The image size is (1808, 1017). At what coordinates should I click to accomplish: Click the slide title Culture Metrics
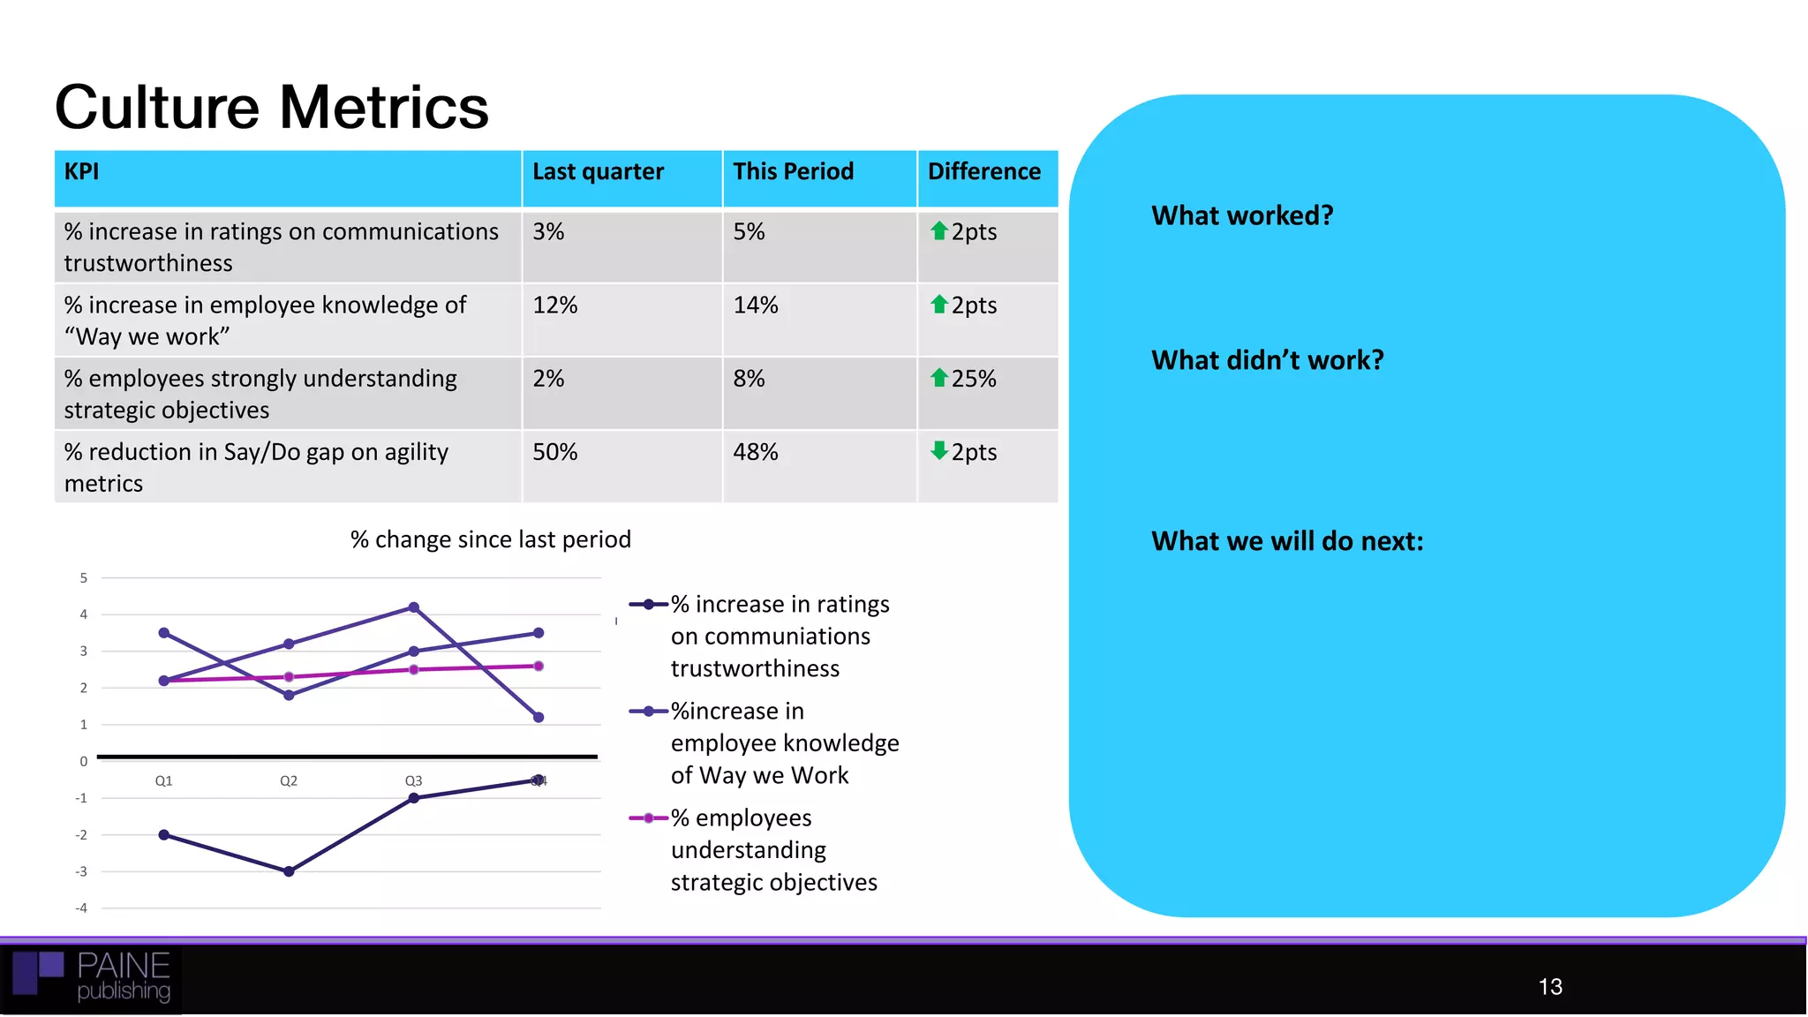[271, 108]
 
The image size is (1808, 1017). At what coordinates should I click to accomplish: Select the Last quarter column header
[598, 171]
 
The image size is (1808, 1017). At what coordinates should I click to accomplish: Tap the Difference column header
[983, 171]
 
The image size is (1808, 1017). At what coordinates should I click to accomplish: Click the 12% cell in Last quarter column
[554, 305]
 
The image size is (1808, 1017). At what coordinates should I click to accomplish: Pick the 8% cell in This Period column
[749, 379]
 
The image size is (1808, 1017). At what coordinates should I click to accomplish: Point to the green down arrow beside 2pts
[938, 451]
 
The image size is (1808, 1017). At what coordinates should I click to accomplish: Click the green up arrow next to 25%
[938, 378]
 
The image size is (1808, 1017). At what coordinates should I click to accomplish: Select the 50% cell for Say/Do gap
[554, 452]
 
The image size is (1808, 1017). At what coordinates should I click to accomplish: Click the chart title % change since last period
[490, 539]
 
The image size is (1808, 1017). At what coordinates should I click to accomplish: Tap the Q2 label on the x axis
[289, 780]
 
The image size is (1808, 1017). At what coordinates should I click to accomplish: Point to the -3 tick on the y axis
[81, 871]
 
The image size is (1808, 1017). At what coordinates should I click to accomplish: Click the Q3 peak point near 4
[414, 607]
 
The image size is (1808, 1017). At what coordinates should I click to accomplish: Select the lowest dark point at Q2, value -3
[289, 871]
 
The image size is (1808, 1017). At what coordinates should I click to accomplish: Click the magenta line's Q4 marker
[539, 666]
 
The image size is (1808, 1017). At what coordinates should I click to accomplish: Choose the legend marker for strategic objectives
[649, 818]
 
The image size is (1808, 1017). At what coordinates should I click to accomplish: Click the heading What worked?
[1241, 215]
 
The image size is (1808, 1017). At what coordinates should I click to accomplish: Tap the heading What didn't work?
[1267, 360]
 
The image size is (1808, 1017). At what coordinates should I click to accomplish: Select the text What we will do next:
[1286, 541]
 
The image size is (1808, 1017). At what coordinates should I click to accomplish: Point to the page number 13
[1549, 986]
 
